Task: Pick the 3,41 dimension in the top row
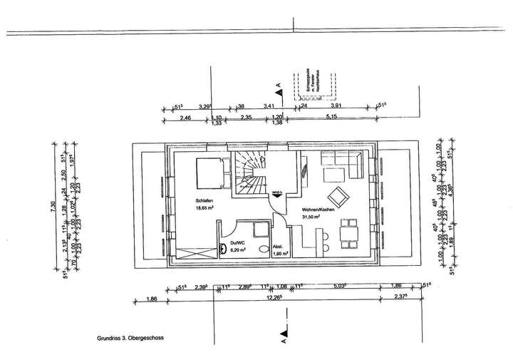[x=269, y=106]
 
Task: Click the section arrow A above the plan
[x=279, y=90]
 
